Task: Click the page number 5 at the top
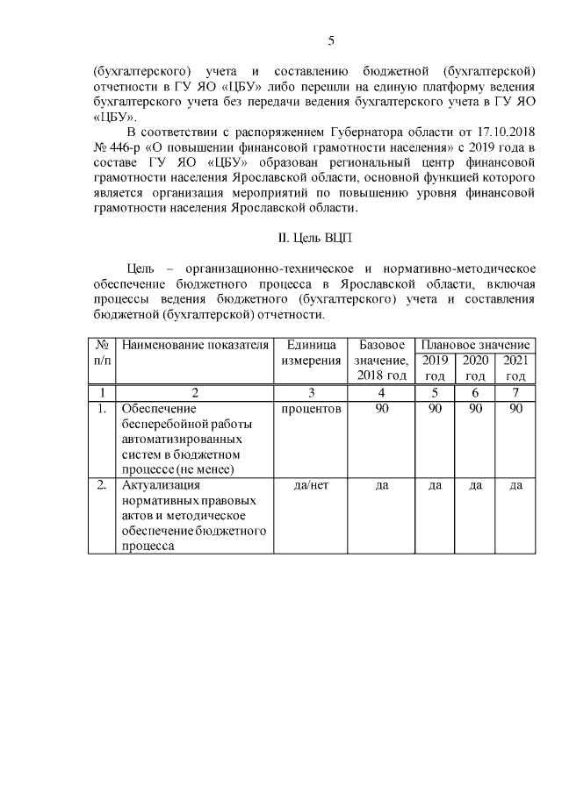331,40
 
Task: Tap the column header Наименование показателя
194,345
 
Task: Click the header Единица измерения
312,353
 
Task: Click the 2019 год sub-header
435,368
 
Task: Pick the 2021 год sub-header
515,368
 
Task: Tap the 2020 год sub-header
475,368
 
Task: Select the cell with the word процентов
312,409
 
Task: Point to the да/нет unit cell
312,485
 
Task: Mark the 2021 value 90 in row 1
515,409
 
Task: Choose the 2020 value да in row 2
475,485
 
